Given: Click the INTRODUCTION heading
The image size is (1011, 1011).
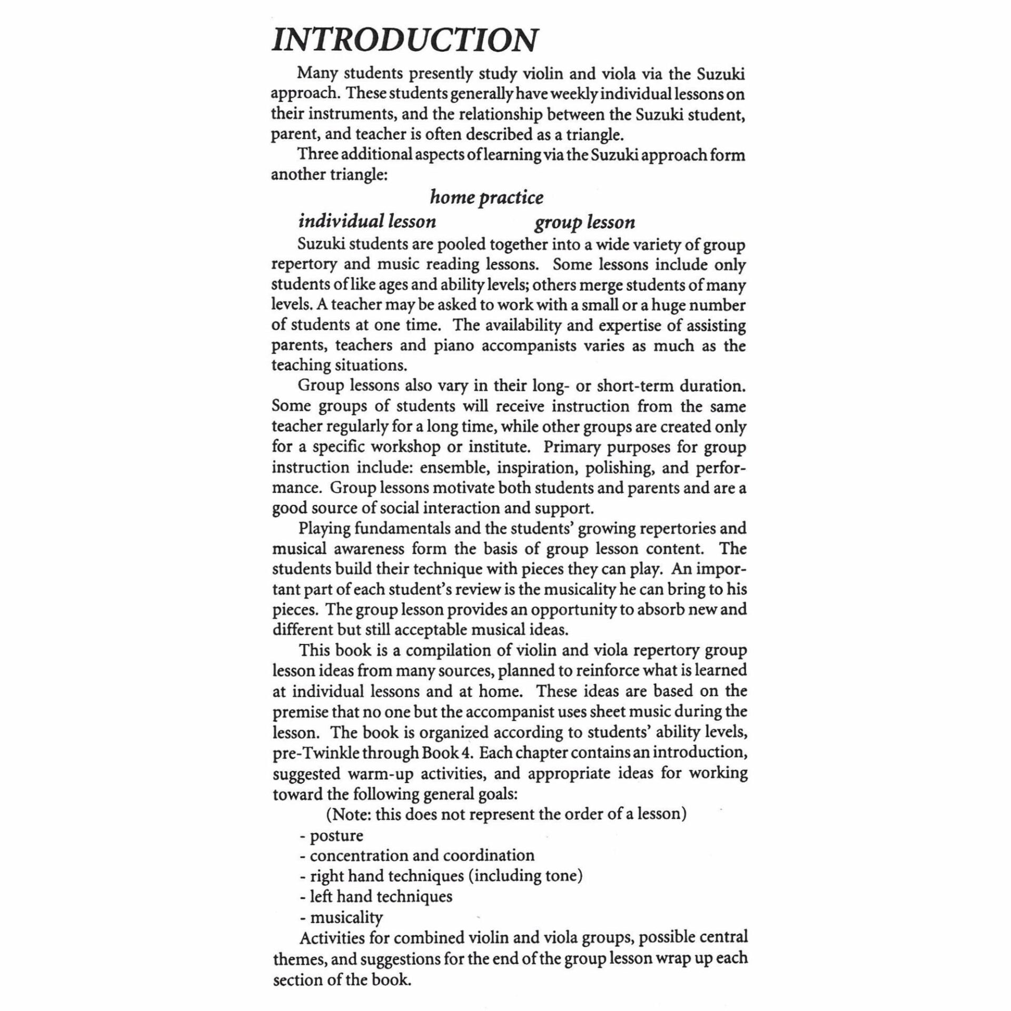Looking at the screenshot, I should [x=405, y=40].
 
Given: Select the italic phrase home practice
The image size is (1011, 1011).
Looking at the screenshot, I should [x=487, y=197].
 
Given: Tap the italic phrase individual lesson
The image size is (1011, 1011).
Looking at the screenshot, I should [x=367, y=221].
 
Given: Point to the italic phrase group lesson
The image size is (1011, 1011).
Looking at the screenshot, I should [x=584, y=222].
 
